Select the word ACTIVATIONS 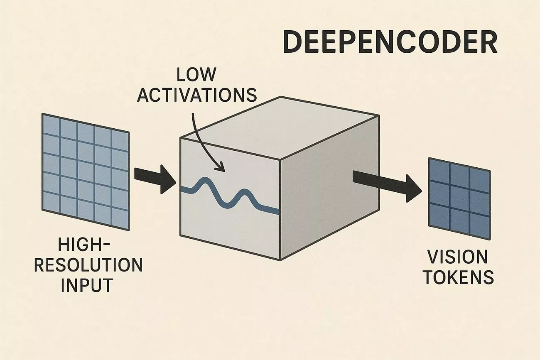[197, 95]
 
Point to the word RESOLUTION [88, 265]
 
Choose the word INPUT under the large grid [87, 285]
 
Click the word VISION [457, 257]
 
